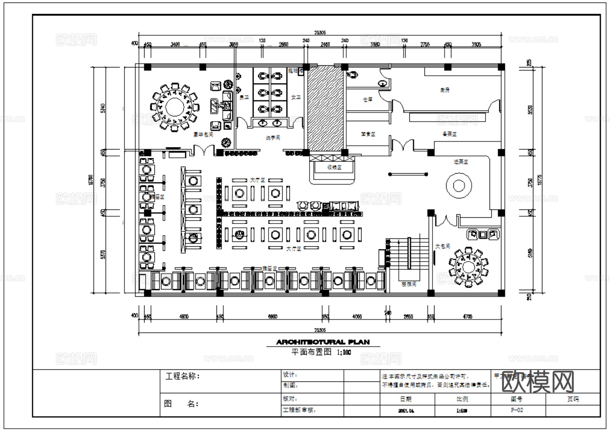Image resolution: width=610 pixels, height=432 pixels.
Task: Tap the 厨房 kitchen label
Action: point(445,90)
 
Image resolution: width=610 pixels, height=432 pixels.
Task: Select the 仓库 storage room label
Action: point(367,100)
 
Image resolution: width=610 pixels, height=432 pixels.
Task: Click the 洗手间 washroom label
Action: point(272,138)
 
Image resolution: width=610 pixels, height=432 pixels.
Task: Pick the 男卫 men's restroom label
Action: point(244,98)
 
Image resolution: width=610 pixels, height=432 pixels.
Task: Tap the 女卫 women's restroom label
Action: point(295,98)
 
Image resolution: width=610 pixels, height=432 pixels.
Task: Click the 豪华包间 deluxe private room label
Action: point(203,135)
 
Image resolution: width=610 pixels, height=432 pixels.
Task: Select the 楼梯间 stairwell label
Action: point(408,284)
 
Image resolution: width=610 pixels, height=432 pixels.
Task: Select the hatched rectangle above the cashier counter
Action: point(325,108)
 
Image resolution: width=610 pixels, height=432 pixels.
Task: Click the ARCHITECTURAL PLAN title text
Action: point(323,342)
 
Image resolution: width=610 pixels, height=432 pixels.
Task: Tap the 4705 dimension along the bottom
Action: point(467,317)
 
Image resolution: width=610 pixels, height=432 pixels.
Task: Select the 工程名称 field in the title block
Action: point(182,376)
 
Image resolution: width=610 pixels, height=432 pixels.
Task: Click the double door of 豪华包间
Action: point(204,150)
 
